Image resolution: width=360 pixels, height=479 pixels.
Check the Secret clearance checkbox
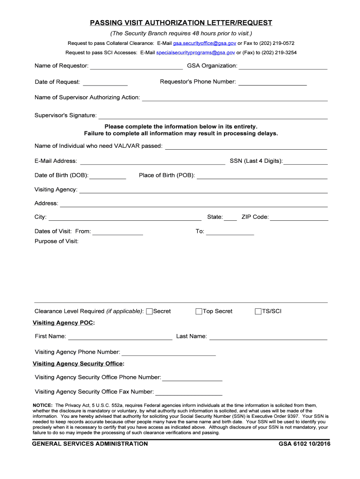point(150,312)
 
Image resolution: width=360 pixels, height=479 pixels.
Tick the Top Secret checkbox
point(199,312)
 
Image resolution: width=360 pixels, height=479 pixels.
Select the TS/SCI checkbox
point(258,312)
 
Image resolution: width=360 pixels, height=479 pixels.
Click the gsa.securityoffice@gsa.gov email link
point(204,43)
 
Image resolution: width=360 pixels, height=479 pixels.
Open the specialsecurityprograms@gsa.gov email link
point(195,53)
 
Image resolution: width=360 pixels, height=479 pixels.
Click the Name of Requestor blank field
point(136,66)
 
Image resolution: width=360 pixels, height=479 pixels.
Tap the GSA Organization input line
point(283,66)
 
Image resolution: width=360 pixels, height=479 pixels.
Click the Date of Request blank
point(105,83)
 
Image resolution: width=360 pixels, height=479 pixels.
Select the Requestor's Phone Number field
point(273,82)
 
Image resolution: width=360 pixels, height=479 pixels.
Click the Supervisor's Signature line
point(213,116)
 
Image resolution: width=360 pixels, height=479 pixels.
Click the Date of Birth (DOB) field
point(108,176)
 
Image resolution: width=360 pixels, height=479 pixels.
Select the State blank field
point(230,218)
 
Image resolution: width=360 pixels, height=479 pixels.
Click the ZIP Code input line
point(299,218)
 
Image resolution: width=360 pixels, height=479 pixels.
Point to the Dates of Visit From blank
point(118,232)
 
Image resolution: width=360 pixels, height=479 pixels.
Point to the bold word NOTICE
point(43,405)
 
